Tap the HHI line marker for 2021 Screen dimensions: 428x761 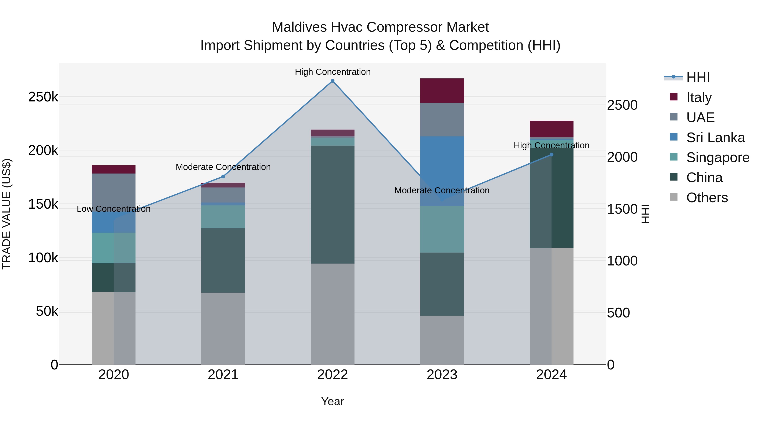click(x=223, y=177)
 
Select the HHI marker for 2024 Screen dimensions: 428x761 click(x=551, y=155)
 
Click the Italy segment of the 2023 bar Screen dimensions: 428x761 click(x=442, y=91)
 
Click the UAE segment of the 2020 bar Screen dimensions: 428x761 click(x=114, y=192)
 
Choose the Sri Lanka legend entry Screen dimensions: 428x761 click(x=715, y=138)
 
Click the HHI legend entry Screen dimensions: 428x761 click(x=698, y=77)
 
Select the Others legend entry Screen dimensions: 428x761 click(x=707, y=198)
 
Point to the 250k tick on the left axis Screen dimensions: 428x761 click(x=43, y=97)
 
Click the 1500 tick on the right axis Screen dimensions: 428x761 click(x=622, y=209)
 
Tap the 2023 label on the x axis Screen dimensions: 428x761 click(x=442, y=375)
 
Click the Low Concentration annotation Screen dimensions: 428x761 click(x=114, y=209)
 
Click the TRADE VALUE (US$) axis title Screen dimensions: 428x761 click(x=7, y=214)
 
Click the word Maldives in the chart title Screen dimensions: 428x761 click(x=299, y=27)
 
